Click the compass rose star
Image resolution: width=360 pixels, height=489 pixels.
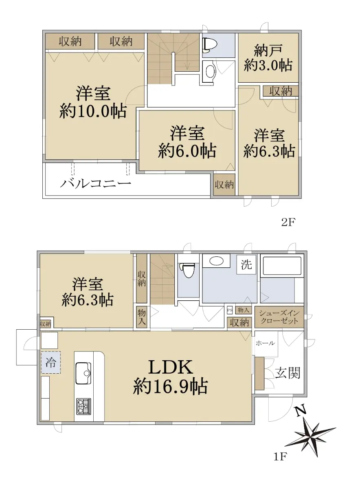tap(311, 438)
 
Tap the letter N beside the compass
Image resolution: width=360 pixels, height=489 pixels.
tap(301, 412)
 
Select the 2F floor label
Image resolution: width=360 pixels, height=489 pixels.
tap(288, 222)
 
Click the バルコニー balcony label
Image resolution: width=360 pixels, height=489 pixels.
tap(96, 184)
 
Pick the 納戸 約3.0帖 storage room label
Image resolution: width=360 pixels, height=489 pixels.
tap(268, 58)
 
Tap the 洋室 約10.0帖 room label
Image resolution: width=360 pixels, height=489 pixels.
tap(93, 102)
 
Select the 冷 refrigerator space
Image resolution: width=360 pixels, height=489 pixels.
tap(50, 363)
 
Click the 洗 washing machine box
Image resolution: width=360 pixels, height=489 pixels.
tap(246, 265)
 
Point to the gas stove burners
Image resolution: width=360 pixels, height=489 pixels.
tap(83, 406)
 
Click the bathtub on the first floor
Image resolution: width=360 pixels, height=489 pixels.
tap(282, 266)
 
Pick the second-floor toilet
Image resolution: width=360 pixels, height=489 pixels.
tap(210, 45)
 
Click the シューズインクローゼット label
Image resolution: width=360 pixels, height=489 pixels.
tap(279, 317)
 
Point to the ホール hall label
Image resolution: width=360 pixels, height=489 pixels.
tap(265, 343)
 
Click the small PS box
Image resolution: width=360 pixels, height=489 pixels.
tap(230, 310)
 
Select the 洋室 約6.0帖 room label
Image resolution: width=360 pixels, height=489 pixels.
tap(187, 142)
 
